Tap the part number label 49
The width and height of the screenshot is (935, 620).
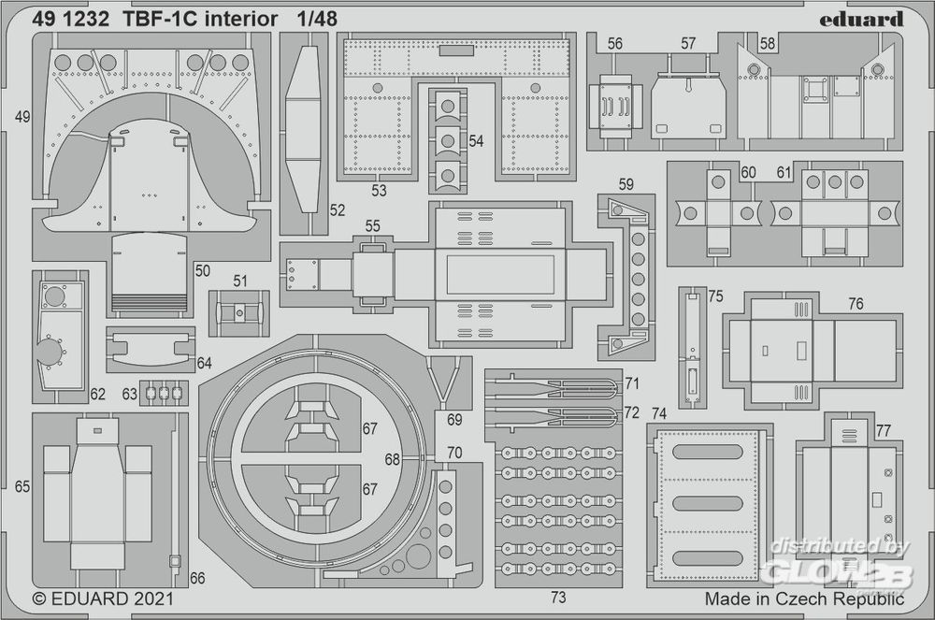click(23, 117)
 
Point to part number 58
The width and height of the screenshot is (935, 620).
click(768, 43)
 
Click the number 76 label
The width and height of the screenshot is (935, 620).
click(856, 304)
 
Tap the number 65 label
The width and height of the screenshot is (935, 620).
click(22, 486)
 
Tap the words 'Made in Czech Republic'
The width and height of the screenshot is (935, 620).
click(804, 597)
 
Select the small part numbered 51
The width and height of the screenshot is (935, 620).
click(238, 310)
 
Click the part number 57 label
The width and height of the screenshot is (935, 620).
click(688, 43)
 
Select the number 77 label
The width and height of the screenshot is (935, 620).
click(884, 429)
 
